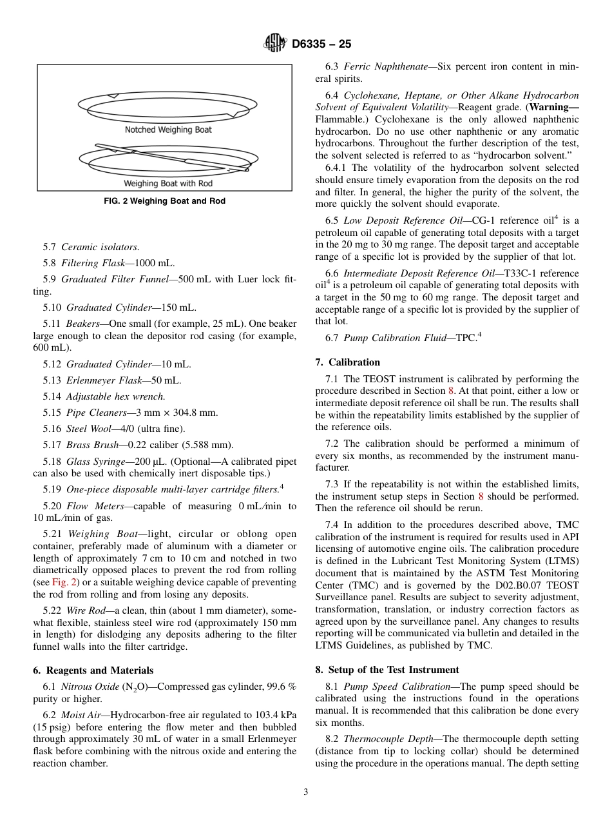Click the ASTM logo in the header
275,44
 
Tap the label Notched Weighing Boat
168,130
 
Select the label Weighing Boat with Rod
168,184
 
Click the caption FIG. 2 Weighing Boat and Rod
165,201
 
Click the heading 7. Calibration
348,362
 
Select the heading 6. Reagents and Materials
93,670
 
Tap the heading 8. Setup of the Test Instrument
387,670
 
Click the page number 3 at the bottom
306,792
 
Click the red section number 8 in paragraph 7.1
450,391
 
